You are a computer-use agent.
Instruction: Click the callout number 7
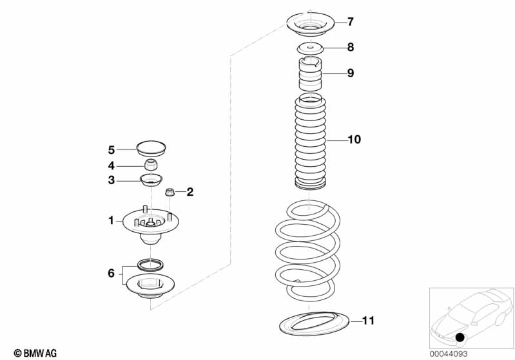pos(351,22)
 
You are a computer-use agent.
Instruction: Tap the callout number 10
pos(354,140)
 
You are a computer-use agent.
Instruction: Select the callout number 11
pos(368,320)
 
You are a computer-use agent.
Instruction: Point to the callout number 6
pos(112,273)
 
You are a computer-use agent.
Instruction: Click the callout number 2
pos(190,192)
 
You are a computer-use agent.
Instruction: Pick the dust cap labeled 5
pos(151,149)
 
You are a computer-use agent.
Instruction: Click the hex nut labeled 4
pos(151,164)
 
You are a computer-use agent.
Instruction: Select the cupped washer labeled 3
pos(151,180)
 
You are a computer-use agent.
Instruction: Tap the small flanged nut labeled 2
pos(170,192)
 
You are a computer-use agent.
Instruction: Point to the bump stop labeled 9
pos(311,74)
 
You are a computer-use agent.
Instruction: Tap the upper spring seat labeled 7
pos(311,24)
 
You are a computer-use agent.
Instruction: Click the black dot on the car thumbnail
pos(460,337)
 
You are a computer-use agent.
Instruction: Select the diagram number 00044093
pos(449,354)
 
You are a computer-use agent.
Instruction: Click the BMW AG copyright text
pos(35,353)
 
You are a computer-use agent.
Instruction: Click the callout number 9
pos(351,73)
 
